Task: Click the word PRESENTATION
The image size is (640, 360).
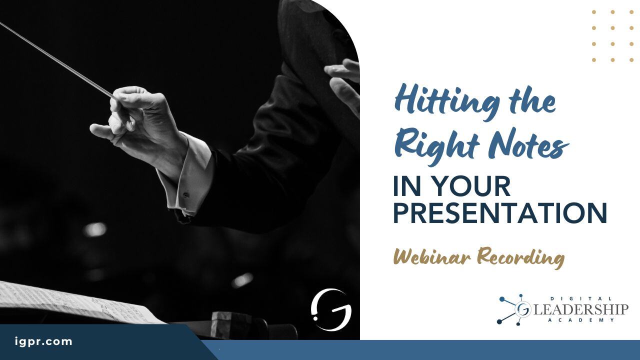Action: point(500,213)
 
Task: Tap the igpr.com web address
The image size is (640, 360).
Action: point(43,341)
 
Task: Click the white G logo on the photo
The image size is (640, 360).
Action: point(331,309)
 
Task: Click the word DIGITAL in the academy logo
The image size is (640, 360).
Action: point(581,298)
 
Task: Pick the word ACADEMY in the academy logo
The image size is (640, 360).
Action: point(581,320)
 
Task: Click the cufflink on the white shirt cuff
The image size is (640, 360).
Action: point(186,195)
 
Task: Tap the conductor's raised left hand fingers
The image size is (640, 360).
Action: point(343,80)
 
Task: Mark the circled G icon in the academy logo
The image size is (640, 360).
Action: point(523,309)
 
